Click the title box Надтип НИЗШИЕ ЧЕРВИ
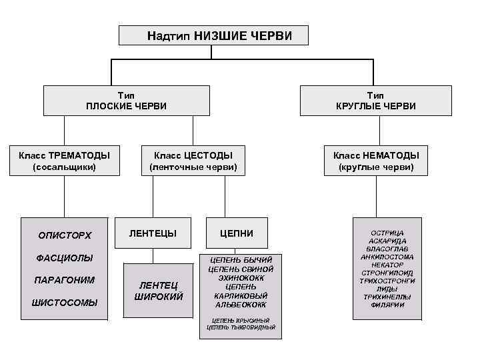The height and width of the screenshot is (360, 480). [x=213, y=35]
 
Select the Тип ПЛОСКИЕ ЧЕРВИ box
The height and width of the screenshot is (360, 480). [x=127, y=101]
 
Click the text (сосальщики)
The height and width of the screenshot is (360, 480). [x=65, y=167]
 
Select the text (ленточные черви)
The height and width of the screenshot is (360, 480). [x=193, y=167]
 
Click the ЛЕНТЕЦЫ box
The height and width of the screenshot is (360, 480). [x=153, y=233]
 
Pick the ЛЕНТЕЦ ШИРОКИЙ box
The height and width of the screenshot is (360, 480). [x=159, y=291]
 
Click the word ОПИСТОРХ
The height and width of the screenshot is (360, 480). [x=65, y=235]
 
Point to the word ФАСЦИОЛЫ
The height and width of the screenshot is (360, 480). [x=65, y=258]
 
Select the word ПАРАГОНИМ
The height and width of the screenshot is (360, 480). [x=65, y=280]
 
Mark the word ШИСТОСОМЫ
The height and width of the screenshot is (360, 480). [x=65, y=303]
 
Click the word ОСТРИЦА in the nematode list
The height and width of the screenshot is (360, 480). [x=387, y=233]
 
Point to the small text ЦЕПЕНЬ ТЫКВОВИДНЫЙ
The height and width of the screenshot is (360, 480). [x=241, y=327]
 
